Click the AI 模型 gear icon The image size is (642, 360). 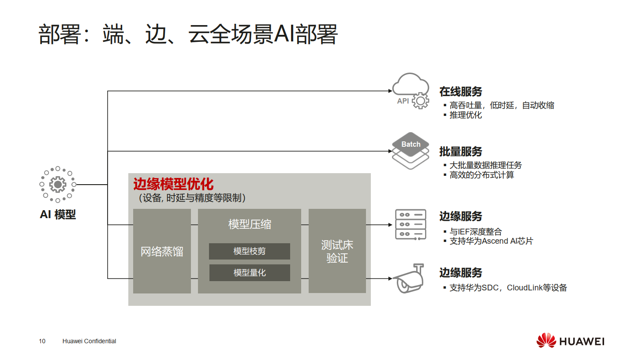(x=58, y=184)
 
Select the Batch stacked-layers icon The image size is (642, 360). (x=411, y=150)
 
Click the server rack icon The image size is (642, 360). (x=411, y=225)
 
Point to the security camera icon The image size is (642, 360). (x=409, y=278)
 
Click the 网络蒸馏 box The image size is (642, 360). (x=162, y=251)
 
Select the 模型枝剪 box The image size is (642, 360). (x=250, y=252)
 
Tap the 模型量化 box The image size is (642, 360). (x=250, y=273)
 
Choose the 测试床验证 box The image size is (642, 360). (x=337, y=251)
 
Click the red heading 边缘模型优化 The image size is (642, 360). (x=173, y=184)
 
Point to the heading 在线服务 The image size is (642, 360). (x=461, y=92)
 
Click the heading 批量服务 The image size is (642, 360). (x=461, y=152)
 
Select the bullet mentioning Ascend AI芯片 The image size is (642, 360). (x=491, y=241)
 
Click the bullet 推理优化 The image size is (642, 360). (x=466, y=115)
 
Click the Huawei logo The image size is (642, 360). (x=570, y=341)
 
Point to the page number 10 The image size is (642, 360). (x=42, y=341)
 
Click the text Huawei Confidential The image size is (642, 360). (x=90, y=341)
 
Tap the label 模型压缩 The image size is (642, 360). (x=250, y=224)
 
